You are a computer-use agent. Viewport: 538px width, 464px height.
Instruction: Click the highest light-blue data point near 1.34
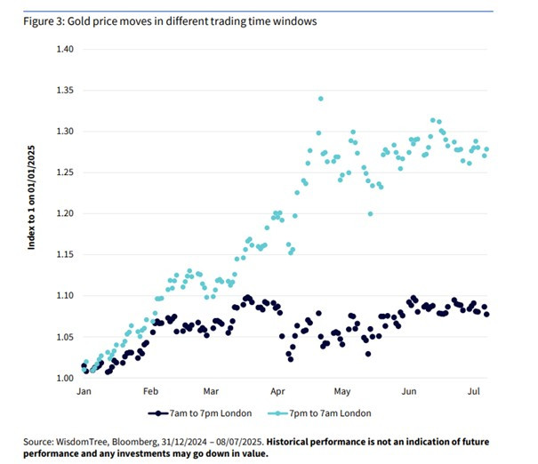click(x=321, y=99)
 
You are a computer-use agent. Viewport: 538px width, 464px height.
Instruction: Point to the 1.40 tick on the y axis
click(x=65, y=49)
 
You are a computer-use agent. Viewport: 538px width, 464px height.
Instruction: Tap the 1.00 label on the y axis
click(x=65, y=378)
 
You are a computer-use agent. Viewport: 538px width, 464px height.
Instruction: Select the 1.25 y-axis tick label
click(x=65, y=172)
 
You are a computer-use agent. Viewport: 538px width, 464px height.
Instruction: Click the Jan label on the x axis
click(x=84, y=391)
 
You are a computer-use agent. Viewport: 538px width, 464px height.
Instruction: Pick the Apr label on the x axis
click(x=277, y=391)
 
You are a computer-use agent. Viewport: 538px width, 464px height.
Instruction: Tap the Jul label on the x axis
click(x=473, y=391)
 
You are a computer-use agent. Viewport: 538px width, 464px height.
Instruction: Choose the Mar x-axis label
click(x=211, y=391)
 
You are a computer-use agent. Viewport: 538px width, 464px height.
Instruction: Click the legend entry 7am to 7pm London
click(x=200, y=413)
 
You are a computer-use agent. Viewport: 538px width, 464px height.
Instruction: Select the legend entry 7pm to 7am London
click(x=319, y=413)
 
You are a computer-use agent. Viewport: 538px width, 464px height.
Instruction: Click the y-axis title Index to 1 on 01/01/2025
click(x=31, y=197)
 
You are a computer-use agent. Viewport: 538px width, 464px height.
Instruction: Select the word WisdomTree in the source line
click(x=82, y=442)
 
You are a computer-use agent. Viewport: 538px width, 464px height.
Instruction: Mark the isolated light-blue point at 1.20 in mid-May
click(x=370, y=214)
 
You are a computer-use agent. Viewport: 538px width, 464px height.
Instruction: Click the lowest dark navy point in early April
click(x=291, y=359)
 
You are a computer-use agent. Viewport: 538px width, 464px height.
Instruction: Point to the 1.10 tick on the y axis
click(x=65, y=295)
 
